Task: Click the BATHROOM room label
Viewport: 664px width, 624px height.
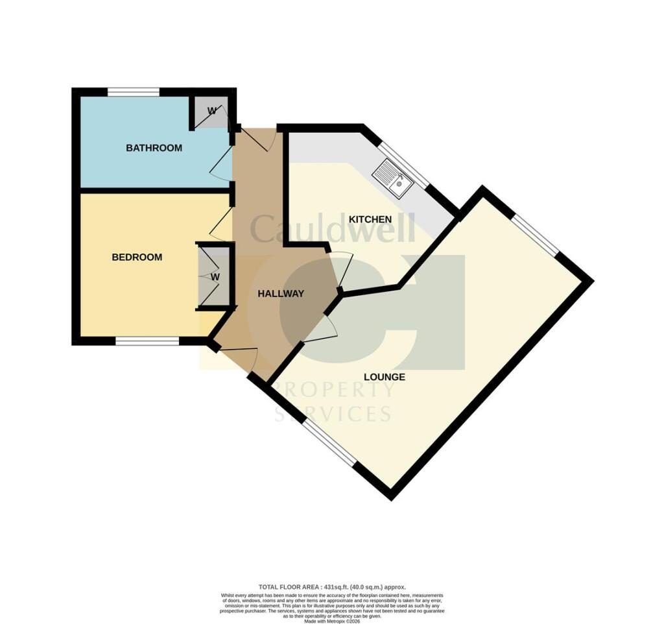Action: click(154, 148)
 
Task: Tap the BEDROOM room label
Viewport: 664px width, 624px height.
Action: click(137, 258)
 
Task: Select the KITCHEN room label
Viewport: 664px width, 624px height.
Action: click(370, 219)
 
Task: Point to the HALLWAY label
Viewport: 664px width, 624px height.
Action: click(281, 294)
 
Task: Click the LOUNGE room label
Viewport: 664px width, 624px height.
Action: click(384, 377)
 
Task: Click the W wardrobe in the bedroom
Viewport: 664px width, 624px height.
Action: click(215, 277)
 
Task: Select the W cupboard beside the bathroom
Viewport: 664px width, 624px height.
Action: click(211, 111)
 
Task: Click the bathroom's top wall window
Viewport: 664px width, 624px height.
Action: click(134, 92)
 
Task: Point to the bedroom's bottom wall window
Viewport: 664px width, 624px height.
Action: click(148, 341)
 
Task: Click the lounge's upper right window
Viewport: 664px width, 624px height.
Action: click(536, 235)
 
